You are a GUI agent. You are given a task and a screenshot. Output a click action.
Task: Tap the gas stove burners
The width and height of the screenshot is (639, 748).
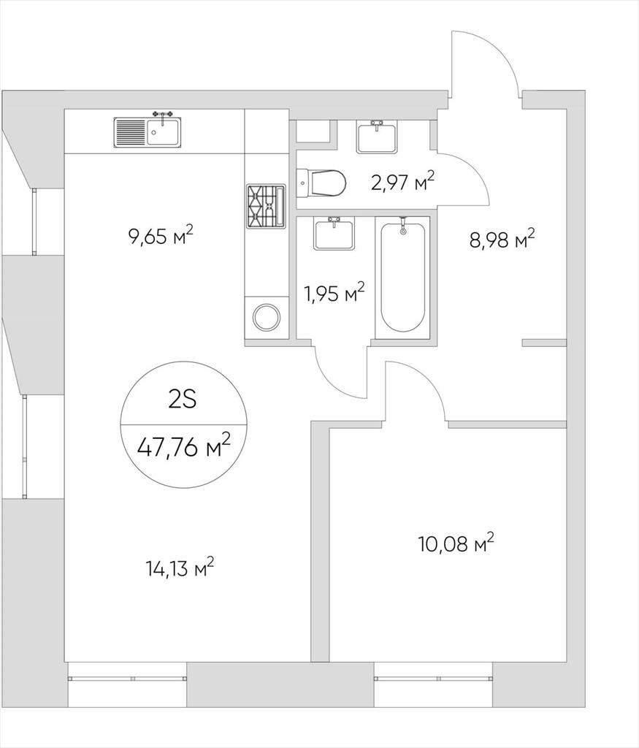(x=266, y=205)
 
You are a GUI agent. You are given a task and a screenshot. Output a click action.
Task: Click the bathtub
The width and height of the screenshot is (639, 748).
(x=402, y=277)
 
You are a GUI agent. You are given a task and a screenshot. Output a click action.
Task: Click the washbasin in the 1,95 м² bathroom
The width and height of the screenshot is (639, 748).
(x=334, y=233)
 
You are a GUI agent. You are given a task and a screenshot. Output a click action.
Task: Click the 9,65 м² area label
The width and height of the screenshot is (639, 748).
(x=161, y=236)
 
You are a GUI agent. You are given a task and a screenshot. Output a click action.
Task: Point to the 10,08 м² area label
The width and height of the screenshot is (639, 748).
(x=456, y=543)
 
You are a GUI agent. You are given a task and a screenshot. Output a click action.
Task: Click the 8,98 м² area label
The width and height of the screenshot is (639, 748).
(x=502, y=239)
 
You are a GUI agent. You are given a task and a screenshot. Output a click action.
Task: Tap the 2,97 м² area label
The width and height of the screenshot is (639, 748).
(x=403, y=182)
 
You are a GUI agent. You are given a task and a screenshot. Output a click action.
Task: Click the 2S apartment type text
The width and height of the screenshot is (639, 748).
(x=183, y=400)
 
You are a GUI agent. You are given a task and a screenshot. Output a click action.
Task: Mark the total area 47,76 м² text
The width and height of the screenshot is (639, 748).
(x=183, y=446)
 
